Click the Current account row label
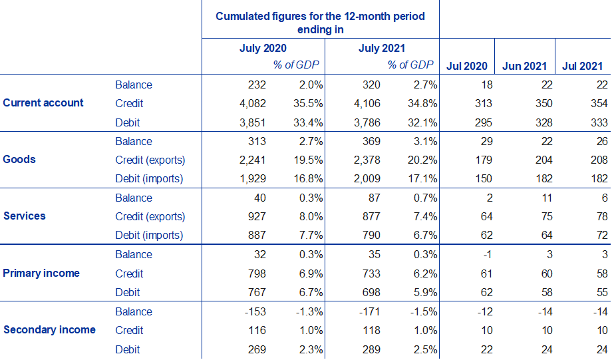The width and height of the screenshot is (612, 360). (x=44, y=103)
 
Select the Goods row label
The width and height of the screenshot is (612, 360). (x=20, y=160)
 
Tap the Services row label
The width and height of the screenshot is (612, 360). (x=25, y=216)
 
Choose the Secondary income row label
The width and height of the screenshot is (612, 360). (x=49, y=330)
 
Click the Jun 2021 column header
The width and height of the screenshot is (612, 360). (x=525, y=66)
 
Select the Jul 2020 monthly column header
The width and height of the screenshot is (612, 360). (x=467, y=66)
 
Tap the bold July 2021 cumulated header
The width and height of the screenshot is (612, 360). (x=382, y=49)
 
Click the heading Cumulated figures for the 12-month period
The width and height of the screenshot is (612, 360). (x=320, y=15)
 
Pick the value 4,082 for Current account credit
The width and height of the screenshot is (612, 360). (x=252, y=104)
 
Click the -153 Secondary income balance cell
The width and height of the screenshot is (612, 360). (x=255, y=311)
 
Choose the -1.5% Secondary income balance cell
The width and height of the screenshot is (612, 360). (x=421, y=311)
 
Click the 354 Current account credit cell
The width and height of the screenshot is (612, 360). (x=599, y=104)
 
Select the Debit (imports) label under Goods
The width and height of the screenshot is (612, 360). (x=149, y=179)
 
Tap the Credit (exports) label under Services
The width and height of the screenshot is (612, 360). (x=150, y=217)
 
